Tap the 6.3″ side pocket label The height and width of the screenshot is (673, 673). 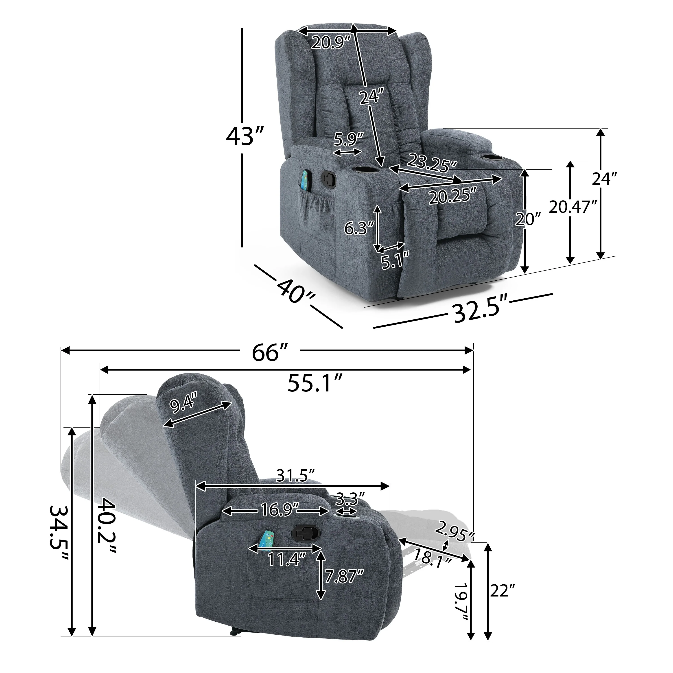coord(359,229)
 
